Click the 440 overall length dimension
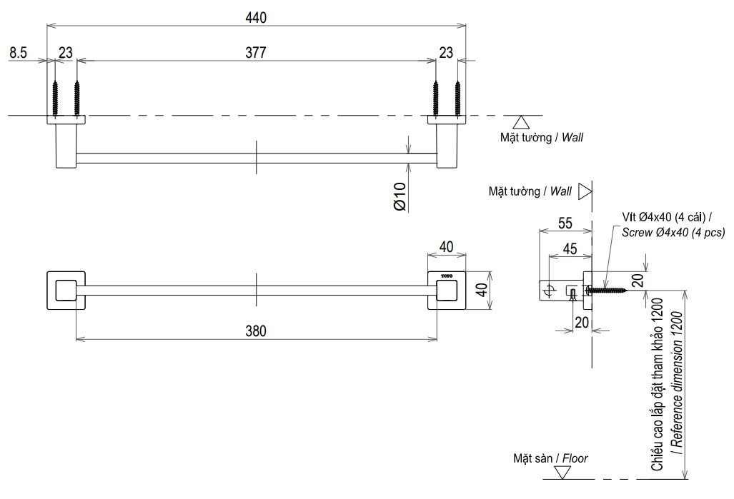click(256, 19)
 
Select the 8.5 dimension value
click(19, 52)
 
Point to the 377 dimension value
click(255, 53)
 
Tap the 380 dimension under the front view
click(255, 331)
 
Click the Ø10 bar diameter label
click(400, 196)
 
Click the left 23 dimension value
click(65, 52)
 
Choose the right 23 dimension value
click(446, 52)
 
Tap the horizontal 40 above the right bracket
click(447, 246)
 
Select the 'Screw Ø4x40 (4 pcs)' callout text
click(673, 232)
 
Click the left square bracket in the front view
click(66, 291)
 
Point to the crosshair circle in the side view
click(549, 290)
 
